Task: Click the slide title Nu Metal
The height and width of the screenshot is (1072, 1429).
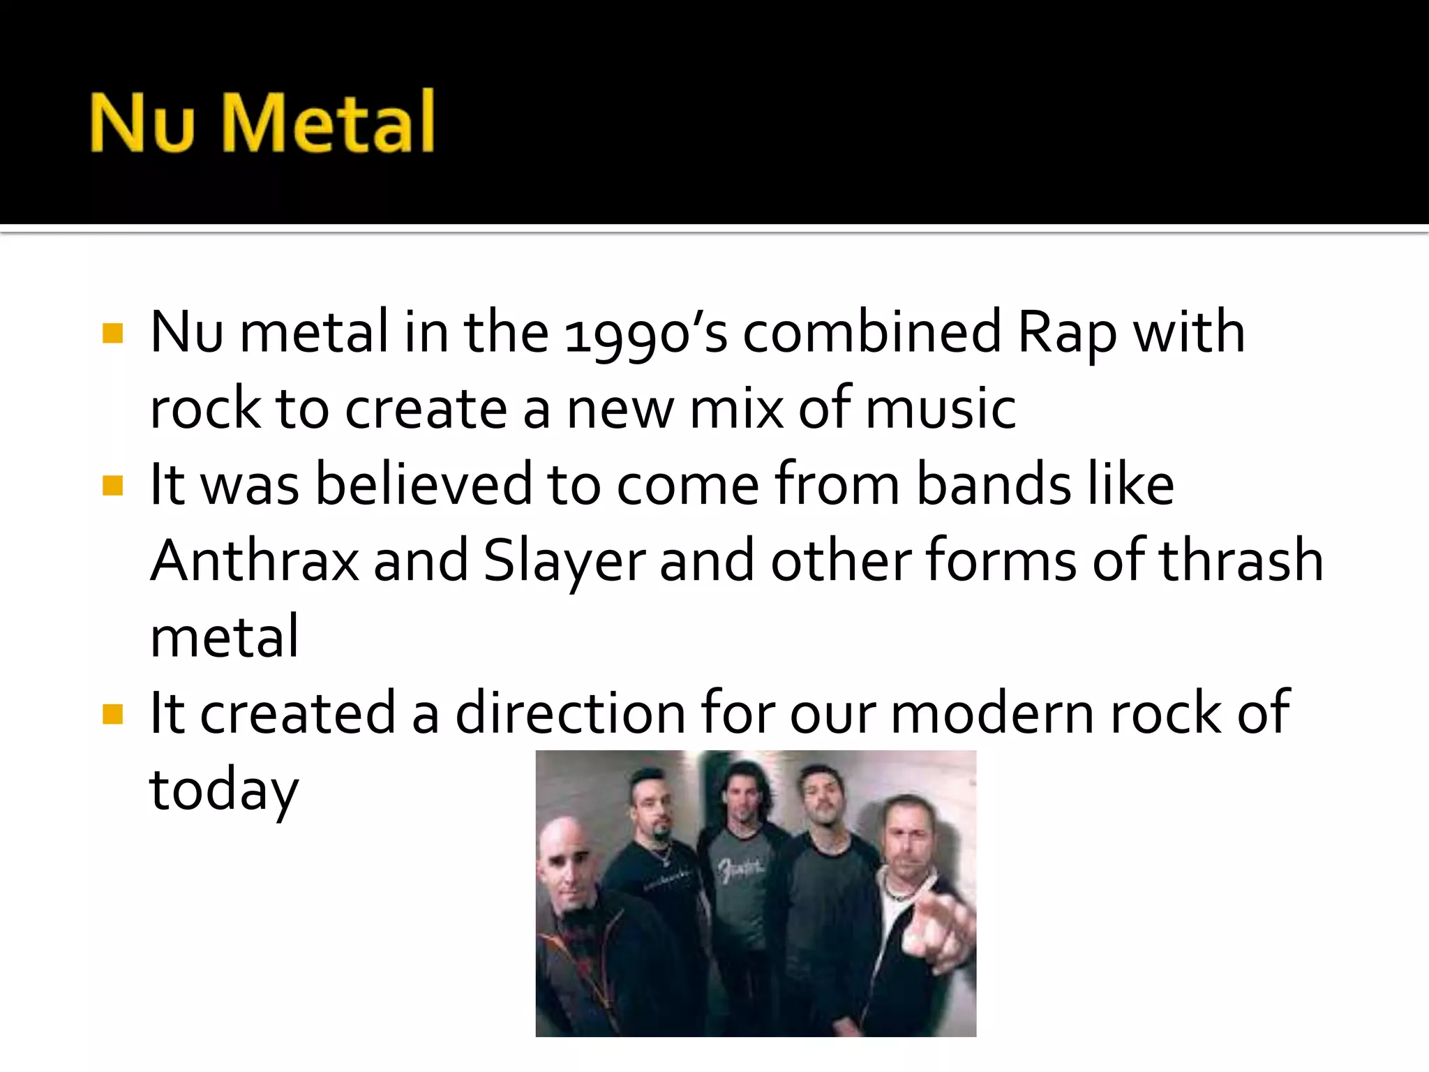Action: (262, 122)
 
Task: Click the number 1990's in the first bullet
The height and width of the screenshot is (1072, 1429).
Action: (645, 333)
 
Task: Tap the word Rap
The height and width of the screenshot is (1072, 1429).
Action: (1067, 333)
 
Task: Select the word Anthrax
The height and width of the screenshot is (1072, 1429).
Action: (255, 561)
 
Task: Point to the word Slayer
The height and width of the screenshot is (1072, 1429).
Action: (564, 561)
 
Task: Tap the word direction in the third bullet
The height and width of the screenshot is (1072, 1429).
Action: (570, 713)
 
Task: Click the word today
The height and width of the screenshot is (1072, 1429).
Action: (223, 791)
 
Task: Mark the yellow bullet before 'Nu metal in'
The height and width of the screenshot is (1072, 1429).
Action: (112, 333)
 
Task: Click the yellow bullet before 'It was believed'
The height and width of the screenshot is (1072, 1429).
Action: (112, 485)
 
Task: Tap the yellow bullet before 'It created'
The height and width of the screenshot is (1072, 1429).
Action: (112, 714)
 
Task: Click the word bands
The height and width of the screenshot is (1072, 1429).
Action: (993, 484)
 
